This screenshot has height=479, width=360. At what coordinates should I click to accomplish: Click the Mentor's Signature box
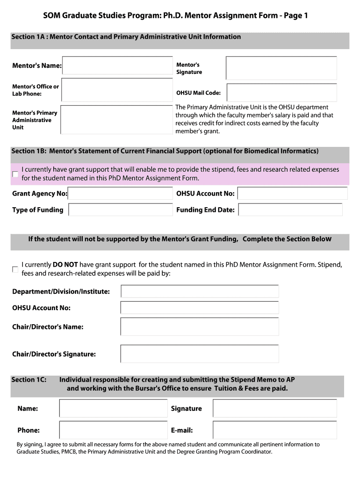281,68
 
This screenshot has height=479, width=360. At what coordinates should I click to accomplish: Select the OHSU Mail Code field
281,92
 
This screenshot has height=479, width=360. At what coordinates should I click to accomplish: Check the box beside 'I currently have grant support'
15,174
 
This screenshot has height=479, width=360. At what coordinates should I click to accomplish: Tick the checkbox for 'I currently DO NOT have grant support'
15,269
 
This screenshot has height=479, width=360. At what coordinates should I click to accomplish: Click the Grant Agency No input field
121,194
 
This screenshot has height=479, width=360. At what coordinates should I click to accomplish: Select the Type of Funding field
121,210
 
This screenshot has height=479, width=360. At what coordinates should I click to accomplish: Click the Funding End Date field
290,210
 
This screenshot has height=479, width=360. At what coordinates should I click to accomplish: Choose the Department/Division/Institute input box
200,291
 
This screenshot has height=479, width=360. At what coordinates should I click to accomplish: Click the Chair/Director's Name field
200,327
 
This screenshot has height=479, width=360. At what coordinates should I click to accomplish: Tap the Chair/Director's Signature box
200,354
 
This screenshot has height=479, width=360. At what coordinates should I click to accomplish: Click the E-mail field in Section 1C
275,430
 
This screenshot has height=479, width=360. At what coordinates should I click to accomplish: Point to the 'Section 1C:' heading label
29,380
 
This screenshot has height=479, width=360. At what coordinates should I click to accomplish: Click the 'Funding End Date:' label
205,210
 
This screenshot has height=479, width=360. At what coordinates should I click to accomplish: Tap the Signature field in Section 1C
275,408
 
